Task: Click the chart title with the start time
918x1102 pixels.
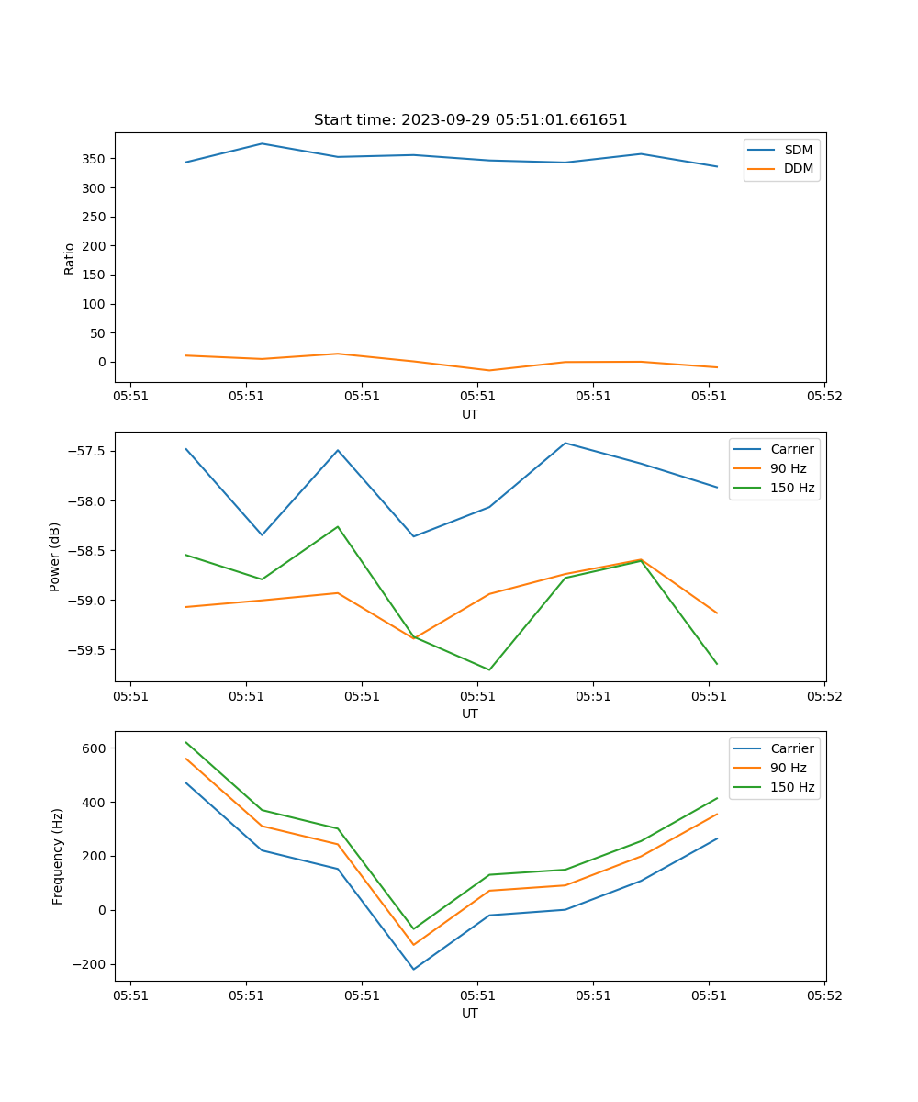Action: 470,120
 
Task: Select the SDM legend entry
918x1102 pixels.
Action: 798,150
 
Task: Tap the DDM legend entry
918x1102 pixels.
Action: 798,168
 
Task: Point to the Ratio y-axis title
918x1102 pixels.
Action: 70,258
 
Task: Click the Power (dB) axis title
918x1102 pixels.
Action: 55,557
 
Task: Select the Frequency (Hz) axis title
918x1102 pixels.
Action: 57,856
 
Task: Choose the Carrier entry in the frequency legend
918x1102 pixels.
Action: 791,748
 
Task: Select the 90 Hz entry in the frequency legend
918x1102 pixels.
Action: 788,768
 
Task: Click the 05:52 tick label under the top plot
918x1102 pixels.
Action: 823,397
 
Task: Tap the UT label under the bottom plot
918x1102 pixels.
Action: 470,1013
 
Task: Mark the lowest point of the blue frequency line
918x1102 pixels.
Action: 413,969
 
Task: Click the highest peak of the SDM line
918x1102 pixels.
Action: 262,143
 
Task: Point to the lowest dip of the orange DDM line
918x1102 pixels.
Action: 489,370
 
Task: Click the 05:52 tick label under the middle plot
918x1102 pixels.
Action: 823,696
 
